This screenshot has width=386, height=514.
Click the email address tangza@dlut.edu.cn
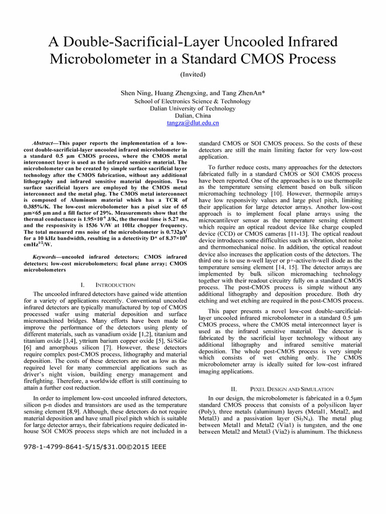coord(192,122)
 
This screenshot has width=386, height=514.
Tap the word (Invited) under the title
coord(192,74)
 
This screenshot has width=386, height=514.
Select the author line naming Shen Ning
coord(193,93)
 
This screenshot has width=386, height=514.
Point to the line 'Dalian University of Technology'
coord(192,108)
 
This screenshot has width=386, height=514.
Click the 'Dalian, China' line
coord(192,115)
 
